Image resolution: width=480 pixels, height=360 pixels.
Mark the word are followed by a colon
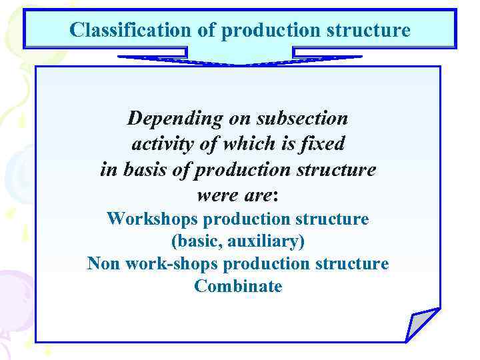[x=257, y=196]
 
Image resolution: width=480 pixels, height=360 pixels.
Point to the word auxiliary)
[x=266, y=241]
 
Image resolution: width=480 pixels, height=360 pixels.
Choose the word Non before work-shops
[x=103, y=264]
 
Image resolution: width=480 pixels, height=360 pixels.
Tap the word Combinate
[x=238, y=287]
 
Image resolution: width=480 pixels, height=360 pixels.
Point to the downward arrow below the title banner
[x=240, y=58]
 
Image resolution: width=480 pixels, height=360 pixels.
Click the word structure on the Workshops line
[x=333, y=219]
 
